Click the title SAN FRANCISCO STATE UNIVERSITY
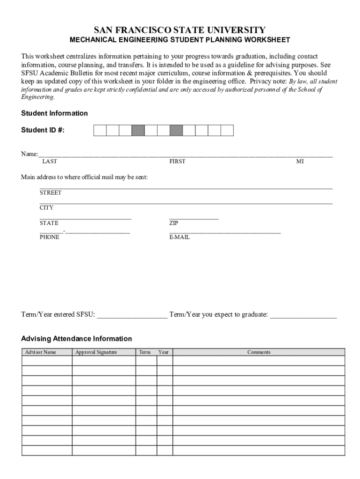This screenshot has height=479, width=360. tap(180, 30)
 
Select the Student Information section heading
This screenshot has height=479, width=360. tap(54, 113)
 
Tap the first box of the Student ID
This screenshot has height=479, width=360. tap(100, 131)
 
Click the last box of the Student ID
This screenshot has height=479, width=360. tap(227, 131)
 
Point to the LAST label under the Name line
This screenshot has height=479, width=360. tap(50, 161)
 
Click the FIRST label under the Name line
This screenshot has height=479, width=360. tap(177, 161)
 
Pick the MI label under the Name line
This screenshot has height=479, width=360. tap(300, 161)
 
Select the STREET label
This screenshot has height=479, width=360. tap(50, 193)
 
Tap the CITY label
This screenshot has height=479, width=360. tap(46, 208)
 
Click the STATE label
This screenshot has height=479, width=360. tap(49, 223)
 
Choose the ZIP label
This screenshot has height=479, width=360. tap(173, 223)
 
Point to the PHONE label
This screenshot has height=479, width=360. tap(50, 237)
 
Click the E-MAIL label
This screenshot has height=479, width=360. tap(180, 237)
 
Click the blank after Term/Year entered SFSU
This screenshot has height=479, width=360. tap(132, 315)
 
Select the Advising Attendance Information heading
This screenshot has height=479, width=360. tap(77, 339)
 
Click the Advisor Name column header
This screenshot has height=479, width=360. tap(41, 352)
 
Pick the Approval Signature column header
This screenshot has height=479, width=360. tap(96, 352)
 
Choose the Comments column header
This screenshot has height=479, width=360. tap(259, 352)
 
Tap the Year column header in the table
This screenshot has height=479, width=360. tap(164, 352)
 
